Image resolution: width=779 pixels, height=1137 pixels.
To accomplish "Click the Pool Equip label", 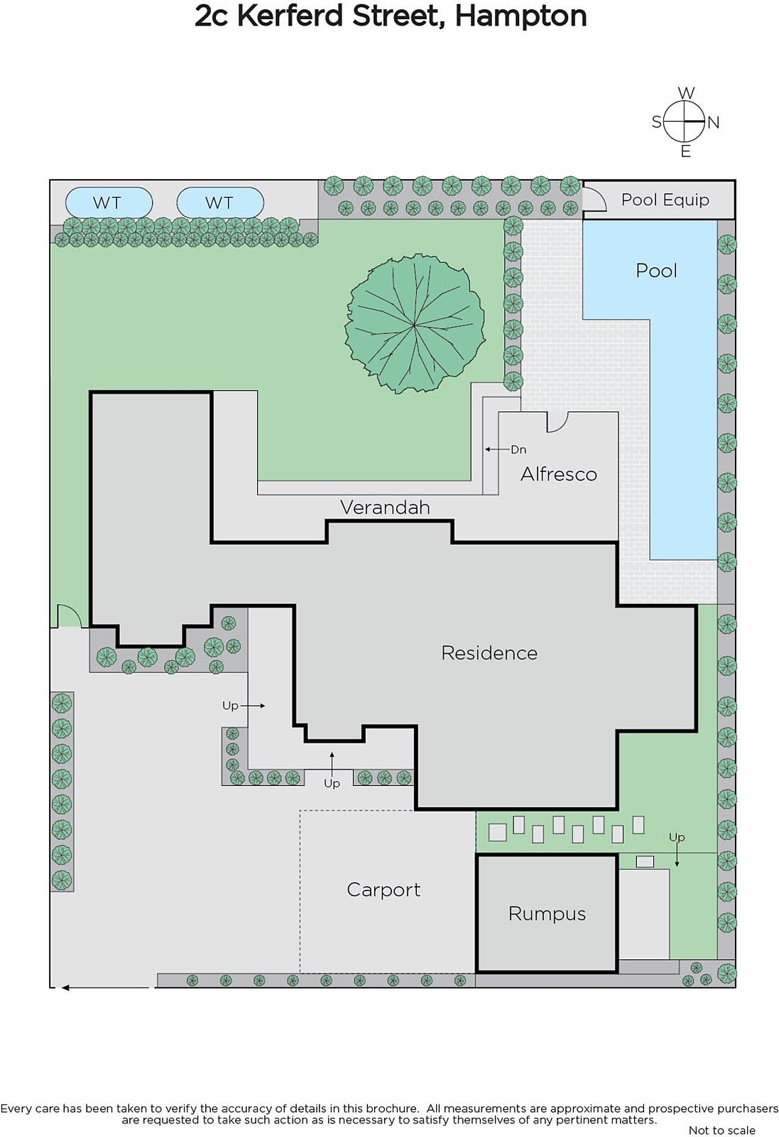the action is pyautogui.click(x=665, y=200).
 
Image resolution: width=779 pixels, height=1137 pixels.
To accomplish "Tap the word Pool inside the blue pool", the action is pyautogui.click(x=656, y=271).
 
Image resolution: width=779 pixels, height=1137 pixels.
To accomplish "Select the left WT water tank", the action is pyautogui.click(x=109, y=203).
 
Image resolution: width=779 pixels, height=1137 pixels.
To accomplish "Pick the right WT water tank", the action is pyautogui.click(x=220, y=203).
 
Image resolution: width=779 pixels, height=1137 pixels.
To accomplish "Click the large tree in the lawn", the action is pyautogui.click(x=415, y=324).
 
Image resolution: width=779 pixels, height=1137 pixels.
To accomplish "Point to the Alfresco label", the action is pyautogui.click(x=559, y=474).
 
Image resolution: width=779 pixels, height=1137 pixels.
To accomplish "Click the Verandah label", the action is pyautogui.click(x=385, y=507).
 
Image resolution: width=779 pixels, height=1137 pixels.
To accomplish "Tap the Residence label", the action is pyautogui.click(x=489, y=653).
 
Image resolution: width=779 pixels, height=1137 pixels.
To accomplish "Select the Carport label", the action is pyautogui.click(x=384, y=890).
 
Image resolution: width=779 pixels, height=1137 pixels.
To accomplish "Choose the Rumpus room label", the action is pyautogui.click(x=548, y=914).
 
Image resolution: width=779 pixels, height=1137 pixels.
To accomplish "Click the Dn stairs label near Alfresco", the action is pyautogui.click(x=518, y=449).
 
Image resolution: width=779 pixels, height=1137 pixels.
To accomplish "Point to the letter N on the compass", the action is pyautogui.click(x=714, y=122).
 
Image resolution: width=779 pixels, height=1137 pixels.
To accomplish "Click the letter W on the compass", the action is pyautogui.click(x=686, y=93).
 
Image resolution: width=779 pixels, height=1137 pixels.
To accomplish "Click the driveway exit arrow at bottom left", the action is pyautogui.click(x=106, y=987).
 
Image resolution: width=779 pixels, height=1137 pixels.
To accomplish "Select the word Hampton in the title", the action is pyautogui.click(x=521, y=16).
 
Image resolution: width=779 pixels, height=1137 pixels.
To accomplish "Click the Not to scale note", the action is pyautogui.click(x=721, y=1130).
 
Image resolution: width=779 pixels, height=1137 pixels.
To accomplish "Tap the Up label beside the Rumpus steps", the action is pyautogui.click(x=677, y=837).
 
